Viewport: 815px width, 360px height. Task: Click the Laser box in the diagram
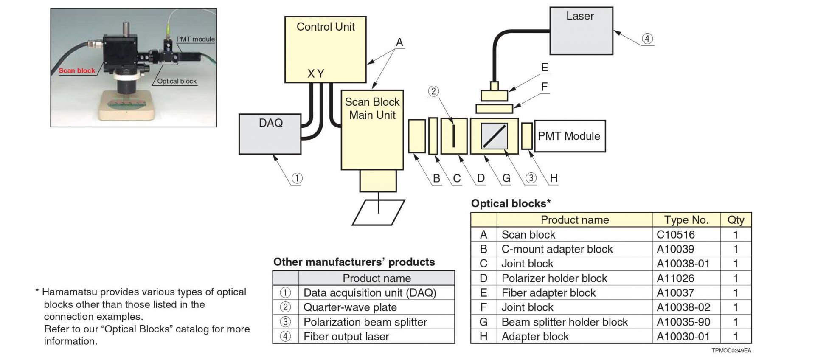[x=581, y=31]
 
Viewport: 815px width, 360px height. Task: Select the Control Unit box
[x=325, y=49]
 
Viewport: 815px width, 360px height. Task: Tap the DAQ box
[x=270, y=134]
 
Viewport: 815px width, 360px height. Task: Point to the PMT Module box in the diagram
[x=569, y=136]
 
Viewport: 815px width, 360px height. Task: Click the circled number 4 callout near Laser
[x=647, y=39]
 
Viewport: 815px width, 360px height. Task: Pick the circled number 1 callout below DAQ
[x=297, y=178]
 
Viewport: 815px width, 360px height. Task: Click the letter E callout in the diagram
[x=545, y=67]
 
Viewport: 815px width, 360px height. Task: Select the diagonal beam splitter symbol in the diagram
[x=494, y=136]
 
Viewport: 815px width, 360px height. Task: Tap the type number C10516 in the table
[x=676, y=235]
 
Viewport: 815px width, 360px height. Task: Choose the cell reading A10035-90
[x=683, y=322]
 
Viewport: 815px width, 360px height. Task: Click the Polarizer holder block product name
[x=554, y=278]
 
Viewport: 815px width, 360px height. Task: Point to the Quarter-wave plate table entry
[x=350, y=307]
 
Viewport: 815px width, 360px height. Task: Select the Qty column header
[x=736, y=220]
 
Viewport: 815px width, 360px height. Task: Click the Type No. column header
[x=686, y=220]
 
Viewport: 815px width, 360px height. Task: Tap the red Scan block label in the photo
[x=77, y=70]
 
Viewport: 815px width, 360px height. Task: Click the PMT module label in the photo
[x=195, y=39]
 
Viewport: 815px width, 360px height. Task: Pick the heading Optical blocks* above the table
[x=511, y=203]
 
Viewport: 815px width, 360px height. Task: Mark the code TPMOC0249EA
[x=731, y=351]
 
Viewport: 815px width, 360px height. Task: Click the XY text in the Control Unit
[x=316, y=74]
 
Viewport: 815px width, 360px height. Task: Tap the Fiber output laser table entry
[x=346, y=337]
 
